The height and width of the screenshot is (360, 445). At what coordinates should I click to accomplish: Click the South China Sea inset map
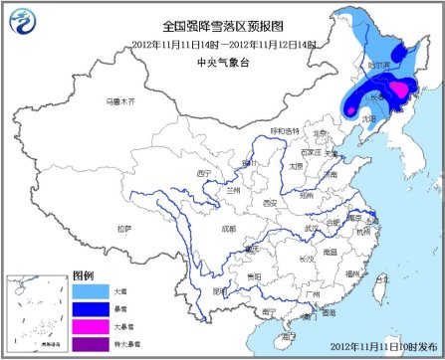38,312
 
